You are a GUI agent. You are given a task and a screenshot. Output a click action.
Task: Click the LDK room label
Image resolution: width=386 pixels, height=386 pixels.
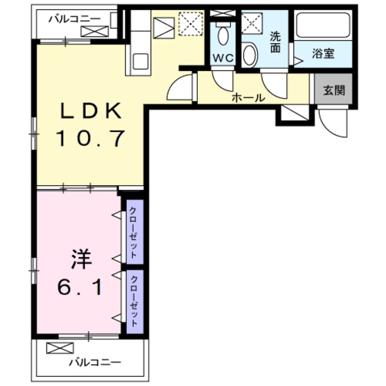tap(90, 111)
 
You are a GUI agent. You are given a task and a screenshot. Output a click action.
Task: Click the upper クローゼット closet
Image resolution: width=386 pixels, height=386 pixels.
tap(133, 232)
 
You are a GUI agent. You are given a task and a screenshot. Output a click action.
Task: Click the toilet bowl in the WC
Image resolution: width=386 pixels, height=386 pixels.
tap(223, 35)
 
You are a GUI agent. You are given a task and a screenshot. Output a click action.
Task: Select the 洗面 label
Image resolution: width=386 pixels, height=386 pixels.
tap(275, 42)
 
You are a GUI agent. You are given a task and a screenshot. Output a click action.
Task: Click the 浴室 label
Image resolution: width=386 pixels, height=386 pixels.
tap(323, 54)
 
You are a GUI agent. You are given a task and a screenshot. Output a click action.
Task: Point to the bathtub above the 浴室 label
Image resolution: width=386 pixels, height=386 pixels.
tap(323, 25)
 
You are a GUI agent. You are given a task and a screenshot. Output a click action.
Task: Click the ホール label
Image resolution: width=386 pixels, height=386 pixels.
tap(248, 97)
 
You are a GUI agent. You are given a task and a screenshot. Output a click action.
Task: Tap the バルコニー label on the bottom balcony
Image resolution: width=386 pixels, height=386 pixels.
tap(95, 362)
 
